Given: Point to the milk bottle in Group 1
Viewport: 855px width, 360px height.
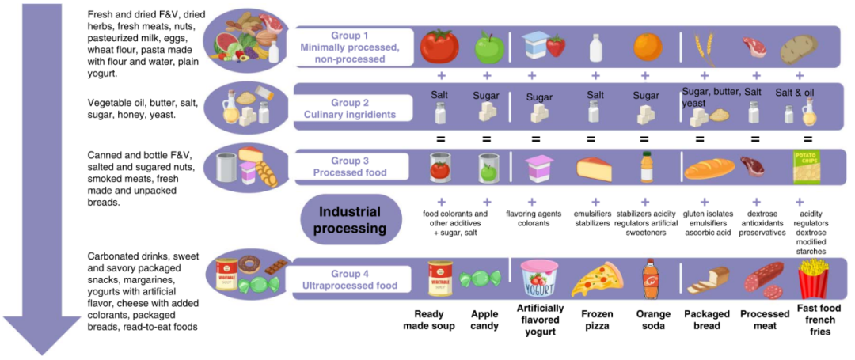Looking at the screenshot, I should click(595, 47).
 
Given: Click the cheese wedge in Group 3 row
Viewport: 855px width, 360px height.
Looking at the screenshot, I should click(594, 168).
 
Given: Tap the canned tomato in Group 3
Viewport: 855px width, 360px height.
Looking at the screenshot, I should click(440, 167).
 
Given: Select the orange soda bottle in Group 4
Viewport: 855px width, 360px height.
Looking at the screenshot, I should click(649, 279).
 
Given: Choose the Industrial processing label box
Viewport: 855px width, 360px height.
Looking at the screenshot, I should click(350, 221).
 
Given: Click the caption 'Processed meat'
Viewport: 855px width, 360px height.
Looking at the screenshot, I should click(765, 320).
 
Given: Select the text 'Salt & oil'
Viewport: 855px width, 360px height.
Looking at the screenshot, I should click(795, 93).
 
